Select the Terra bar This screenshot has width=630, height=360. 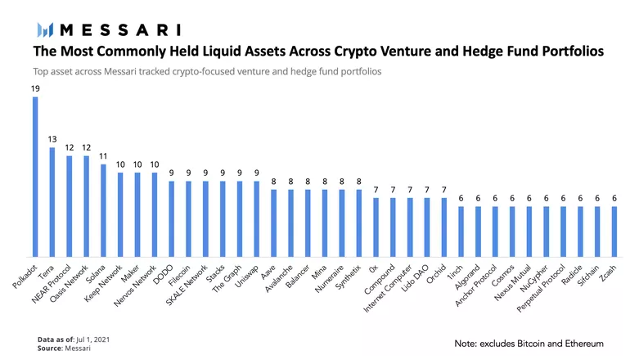pyautogui.click(x=52, y=202)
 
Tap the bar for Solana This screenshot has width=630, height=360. pyautogui.click(x=103, y=210)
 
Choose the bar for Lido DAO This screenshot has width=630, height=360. pyautogui.click(x=426, y=227)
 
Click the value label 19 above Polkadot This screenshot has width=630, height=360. pyautogui.click(x=35, y=89)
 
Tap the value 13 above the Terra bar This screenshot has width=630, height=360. pyautogui.click(x=52, y=139)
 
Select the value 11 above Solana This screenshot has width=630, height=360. pyautogui.click(x=103, y=155)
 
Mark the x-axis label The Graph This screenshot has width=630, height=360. pyautogui.click(x=227, y=277)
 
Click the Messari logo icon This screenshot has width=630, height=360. pyautogui.click(x=46, y=30)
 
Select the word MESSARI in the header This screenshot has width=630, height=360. pyautogui.click(x=120, y=30)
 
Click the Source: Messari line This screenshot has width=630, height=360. pyautogui.click(x=65, y=349)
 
